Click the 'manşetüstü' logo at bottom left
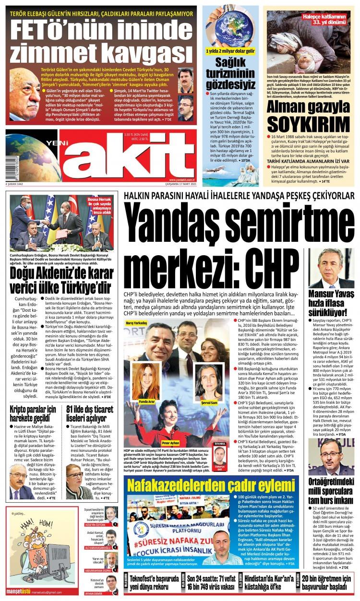point(18,591)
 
